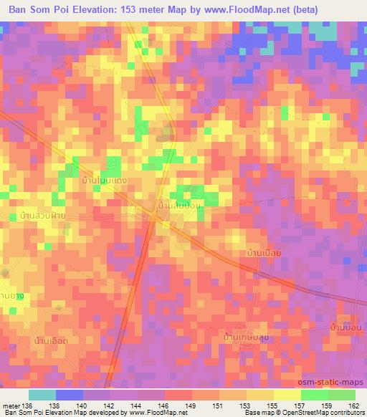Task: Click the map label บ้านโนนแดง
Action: [105, 182]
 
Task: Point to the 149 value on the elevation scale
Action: [192, 405]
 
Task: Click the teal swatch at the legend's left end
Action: [42, 395]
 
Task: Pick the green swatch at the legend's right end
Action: [341, 395]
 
